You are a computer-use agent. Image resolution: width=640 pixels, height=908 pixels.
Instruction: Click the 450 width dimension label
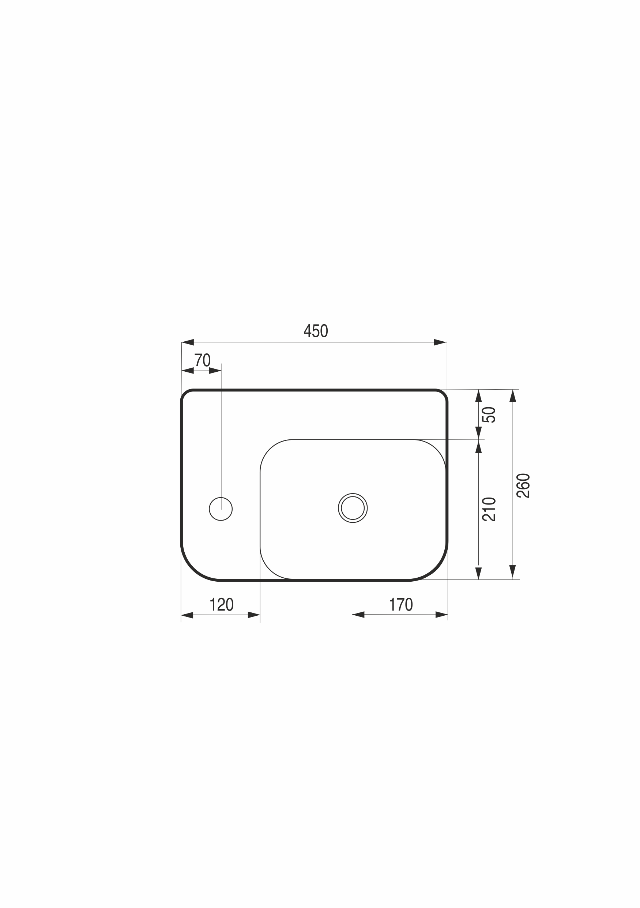[x=316, y=331]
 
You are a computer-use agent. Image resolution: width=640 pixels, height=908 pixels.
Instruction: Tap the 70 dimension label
[x=202, y=360]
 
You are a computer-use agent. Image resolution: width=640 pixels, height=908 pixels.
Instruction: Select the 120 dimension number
[x=222, y=605]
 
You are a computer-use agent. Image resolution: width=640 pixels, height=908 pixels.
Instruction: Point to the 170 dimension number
[x=401, y=605]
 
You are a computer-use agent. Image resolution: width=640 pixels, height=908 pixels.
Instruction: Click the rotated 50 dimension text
[x=489, y=415]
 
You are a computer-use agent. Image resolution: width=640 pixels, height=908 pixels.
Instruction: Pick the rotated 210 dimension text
[x=489, y=509]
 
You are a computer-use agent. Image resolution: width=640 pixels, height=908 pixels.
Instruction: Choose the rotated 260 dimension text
[x=523, y=485]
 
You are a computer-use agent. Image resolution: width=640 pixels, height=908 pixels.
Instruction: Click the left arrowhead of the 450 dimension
[x=187, y=342]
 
